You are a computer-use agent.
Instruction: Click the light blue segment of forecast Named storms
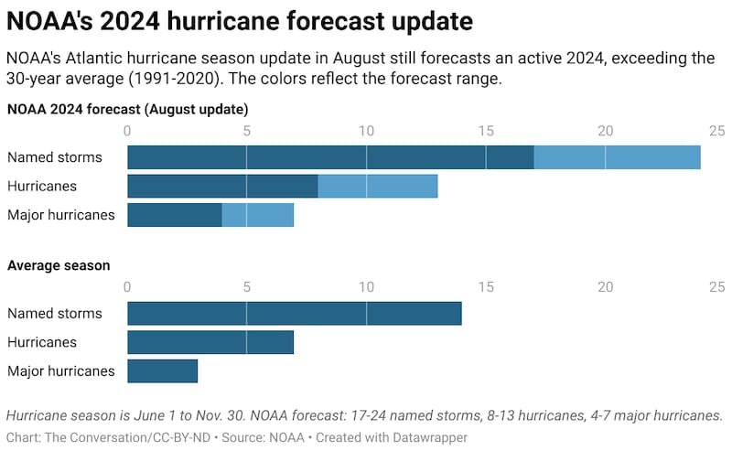pyautogui.click(x=617, y=157)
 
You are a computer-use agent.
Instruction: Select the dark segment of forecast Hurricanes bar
pyautogui.click(x=222, y=187)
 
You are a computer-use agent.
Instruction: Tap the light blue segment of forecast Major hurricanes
pyautogui.click(x=258, y=215)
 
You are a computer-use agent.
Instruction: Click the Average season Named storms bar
pyautogui.click(x=294, y=314)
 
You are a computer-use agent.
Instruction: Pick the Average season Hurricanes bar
pyautogui.click(x=210, y=342)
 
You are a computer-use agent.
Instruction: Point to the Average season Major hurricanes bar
pyautogui.click(x=162, y=370)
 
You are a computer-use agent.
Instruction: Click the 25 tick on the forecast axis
pyautogui.click(x=716, y=131)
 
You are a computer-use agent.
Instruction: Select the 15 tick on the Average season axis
pyautogui.click(x=486, y=287)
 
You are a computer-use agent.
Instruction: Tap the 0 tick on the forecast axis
pyautogui.click(x=127, y=131)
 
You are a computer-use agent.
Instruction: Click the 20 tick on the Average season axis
pyautogui.click(x=605, y=287)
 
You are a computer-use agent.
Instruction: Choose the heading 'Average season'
pyautogui.click(x=59, y=265)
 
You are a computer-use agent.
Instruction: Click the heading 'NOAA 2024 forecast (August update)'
pyautogui.click(x=128, y=109)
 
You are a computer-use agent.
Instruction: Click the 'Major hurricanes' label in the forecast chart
pyautogui.click(x=60, y=215)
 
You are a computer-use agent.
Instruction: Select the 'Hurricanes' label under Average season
pyautogui.click(x=41, y=342)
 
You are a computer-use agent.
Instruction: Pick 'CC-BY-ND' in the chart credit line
pyautogui.click(x=178, y=438)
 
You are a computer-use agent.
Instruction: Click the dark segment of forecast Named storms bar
pyautogui.click(x=329, y=157)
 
